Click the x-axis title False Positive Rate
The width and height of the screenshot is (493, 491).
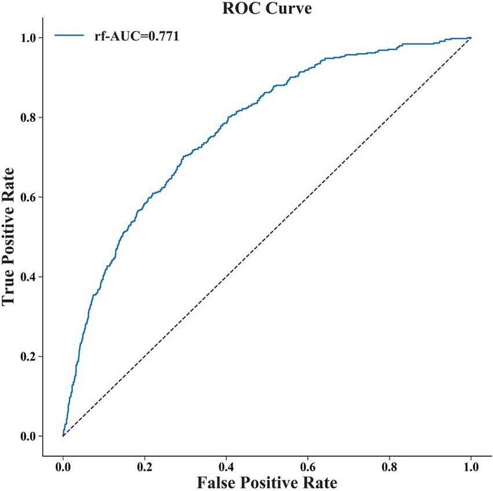point(267,481)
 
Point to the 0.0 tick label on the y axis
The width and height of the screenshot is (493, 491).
point(29,436)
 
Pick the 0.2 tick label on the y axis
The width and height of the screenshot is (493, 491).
point(29,357)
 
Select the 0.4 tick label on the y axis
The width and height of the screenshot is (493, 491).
point(29,277)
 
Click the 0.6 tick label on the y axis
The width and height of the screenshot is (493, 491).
point(29,197)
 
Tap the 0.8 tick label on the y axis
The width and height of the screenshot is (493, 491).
point(29,118)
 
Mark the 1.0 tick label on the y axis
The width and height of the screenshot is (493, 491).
point(29,38)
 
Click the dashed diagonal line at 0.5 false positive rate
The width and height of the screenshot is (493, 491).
point(267,237)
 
